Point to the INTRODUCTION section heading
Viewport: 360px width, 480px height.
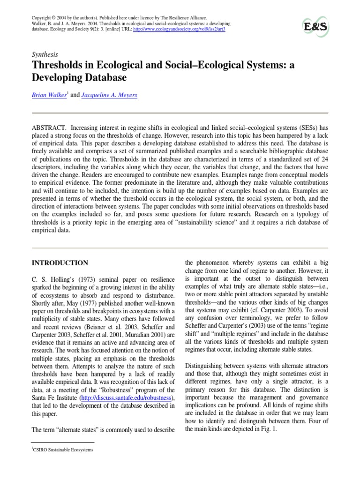point(59,263)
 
